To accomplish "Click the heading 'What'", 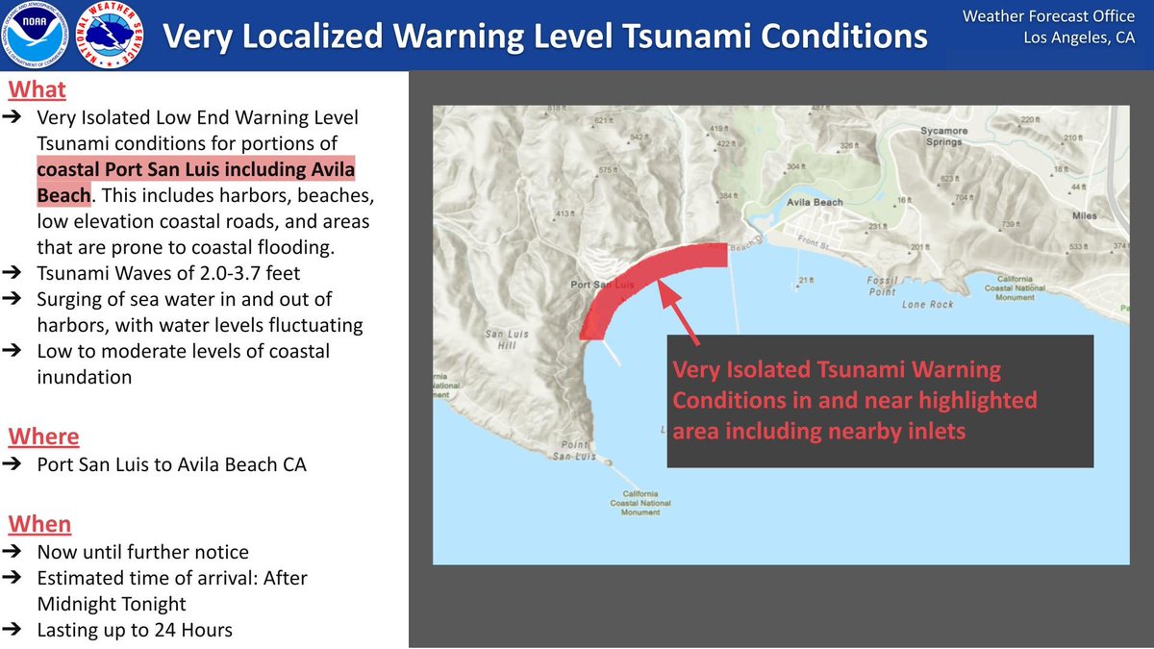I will coord(37,89).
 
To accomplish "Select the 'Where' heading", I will coord(43,437).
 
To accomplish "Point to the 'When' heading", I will coord(39,524).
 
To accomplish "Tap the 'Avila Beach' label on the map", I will coord(814,203).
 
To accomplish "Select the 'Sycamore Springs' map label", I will coord(941,136).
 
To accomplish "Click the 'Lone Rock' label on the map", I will coord(927,305).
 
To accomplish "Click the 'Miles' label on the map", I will coord(1084,216).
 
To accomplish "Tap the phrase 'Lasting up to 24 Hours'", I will coord(135,630).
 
